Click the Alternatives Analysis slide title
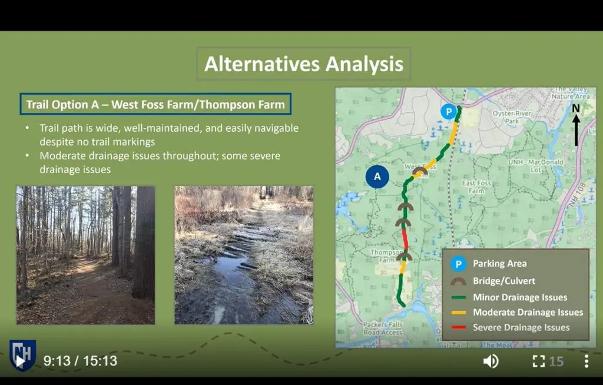303,64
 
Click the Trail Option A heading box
155,105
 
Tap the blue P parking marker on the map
449,111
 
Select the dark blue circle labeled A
377,176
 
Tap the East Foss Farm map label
476,187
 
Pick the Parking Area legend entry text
499,264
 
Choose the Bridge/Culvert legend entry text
504,281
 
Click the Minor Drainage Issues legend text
520,297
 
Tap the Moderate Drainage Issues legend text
528,312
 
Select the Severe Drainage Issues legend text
521,327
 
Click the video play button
21,361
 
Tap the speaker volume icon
491,361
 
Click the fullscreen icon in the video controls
538,361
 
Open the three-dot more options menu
586,361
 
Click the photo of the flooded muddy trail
244,255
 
